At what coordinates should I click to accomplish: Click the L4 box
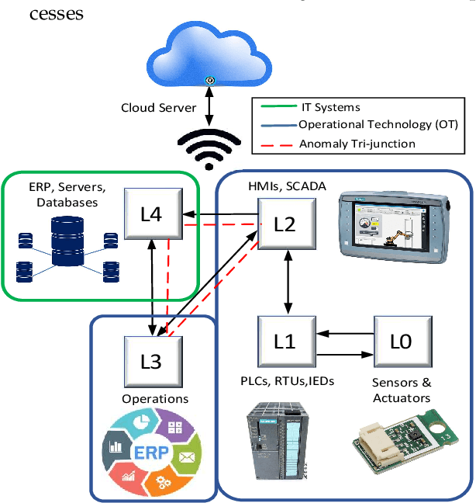[153, 213]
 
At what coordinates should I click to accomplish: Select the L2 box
[285, 224]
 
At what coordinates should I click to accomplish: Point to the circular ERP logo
[152, 453]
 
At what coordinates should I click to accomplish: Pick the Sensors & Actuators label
[402, 390]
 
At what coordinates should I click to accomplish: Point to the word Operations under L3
[155, 399]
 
